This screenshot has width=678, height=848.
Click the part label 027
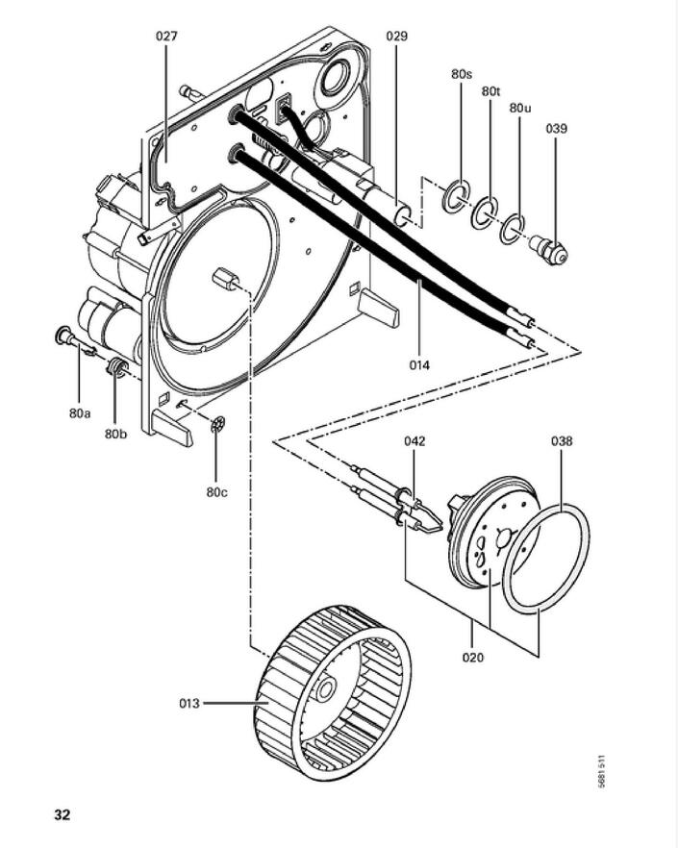click(166, 37)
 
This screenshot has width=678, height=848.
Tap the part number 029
click(396, 37)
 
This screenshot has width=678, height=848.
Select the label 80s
click(462, 73)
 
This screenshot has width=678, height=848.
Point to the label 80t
click(490, 90)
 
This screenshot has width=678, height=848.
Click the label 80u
click(519, 109)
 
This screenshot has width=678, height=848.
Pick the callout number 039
click(556, 128)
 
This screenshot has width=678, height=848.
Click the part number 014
click(418, 364)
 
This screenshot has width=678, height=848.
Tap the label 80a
click(80, 412)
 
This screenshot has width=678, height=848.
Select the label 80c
click(216, 492)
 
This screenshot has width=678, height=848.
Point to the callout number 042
click(414, 441)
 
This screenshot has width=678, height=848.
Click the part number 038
click(562, 441)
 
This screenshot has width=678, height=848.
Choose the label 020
click(472, 658)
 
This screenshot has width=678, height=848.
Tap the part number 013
click(189, 703)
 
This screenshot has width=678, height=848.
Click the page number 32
click(62, 814)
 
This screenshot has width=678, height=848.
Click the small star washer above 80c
click(216, 424)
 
